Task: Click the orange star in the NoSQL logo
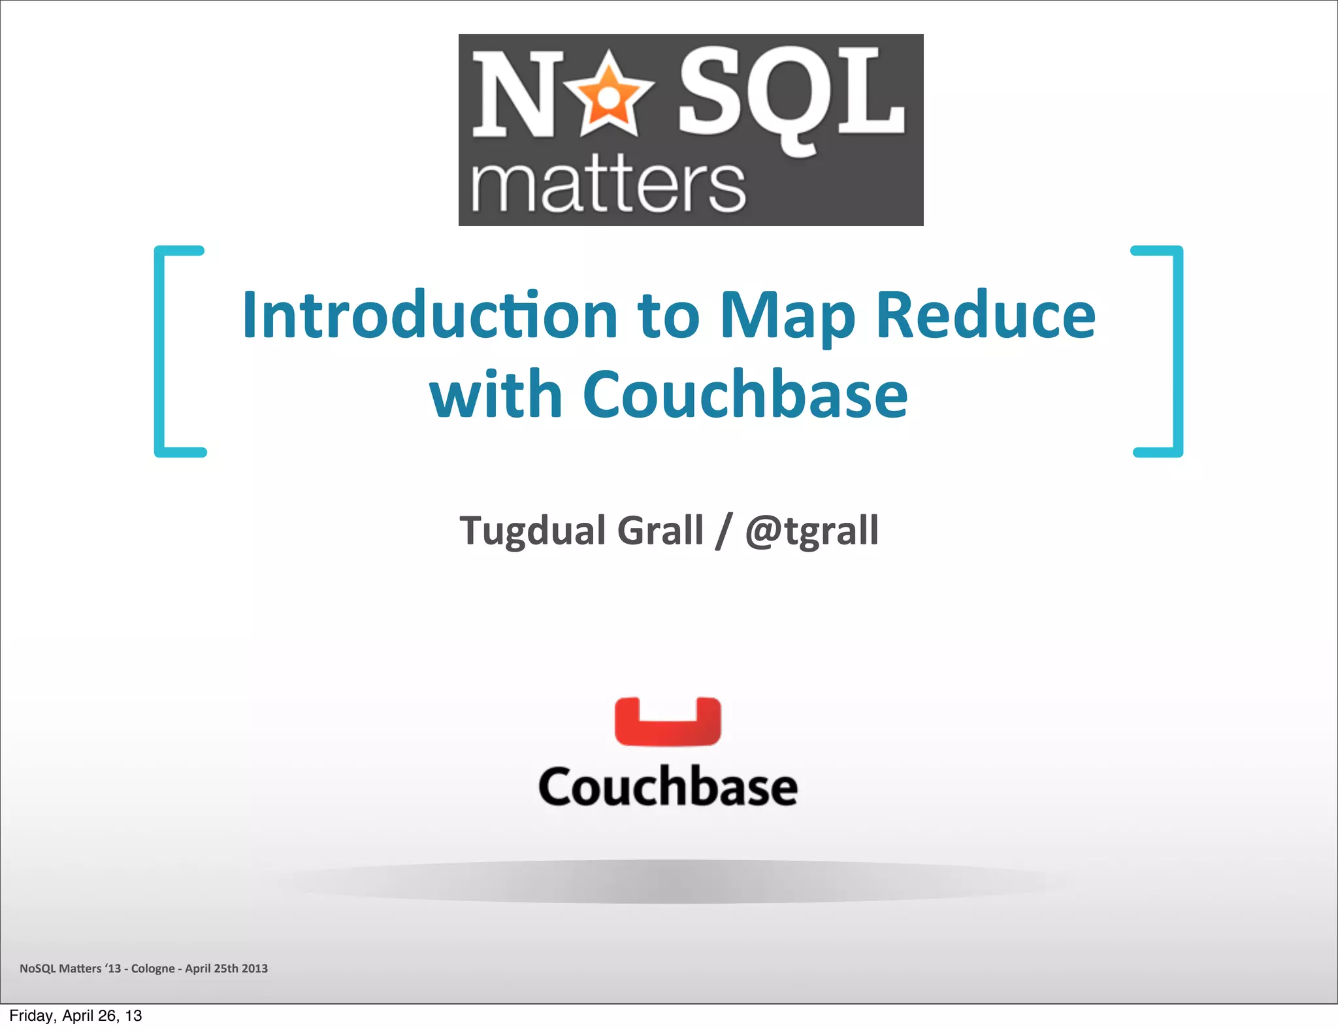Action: [608, 97]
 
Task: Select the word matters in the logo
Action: [608, 186]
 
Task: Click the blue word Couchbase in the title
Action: [745, 395]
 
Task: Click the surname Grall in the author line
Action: [660, 530]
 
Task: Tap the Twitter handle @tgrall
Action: [812, 530]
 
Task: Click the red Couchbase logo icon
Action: [668, 722]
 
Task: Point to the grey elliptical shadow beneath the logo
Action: [668, 882]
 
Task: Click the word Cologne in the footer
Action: [153, 969]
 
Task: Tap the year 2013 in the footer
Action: [255, 969]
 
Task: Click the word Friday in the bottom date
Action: [31, 1016]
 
